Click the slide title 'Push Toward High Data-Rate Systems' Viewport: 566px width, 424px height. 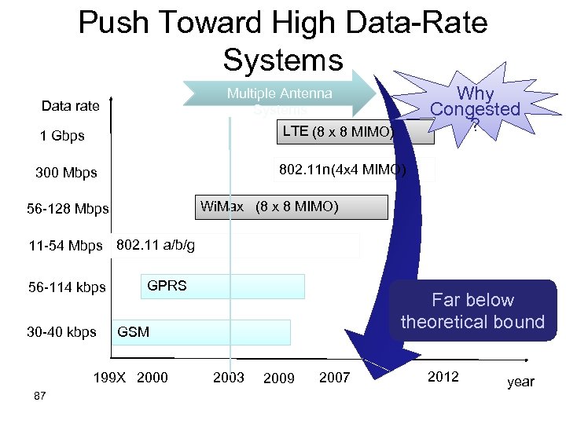pyautogui.click(x=283, y=39)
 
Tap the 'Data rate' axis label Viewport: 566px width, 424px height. pyautogui.click(x=71, y=106)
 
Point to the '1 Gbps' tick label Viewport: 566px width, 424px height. pyautogui.click(x=62, y=136)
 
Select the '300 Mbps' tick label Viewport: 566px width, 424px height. pyautogui.click(x=66, y=173)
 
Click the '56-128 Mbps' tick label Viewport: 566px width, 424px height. pyautogui.click(x=68, y=210)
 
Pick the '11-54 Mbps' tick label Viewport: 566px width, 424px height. pyautogui.click(x=65, y=247)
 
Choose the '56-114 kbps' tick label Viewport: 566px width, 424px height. pyautogui.click(x=67, y=287)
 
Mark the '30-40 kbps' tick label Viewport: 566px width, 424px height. pyautogui.click(x=61, y=332)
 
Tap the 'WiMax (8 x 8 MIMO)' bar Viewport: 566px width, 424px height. pyautogui.click(x=291, y=207)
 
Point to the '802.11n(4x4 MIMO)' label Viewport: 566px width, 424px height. pyautogui.click(x=343, y=169)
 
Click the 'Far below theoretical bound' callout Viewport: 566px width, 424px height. pyautogui.click(x=472, y=311)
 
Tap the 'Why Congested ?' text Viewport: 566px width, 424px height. pyautogui.click(x=476, y=109)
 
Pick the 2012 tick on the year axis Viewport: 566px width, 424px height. pyautogui.click(x=443, y=377)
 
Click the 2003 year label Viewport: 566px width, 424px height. pyautogui.click(x=229, y=378)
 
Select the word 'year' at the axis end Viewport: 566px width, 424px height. pyautogui.click(x=520, y=382)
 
